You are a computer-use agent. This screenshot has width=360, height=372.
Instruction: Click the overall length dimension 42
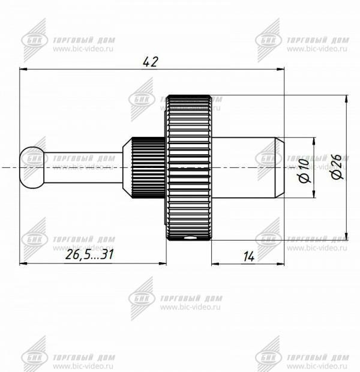150,62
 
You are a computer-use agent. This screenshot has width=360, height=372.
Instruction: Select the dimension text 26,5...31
89,254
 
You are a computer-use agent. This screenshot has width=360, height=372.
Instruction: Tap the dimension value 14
249,256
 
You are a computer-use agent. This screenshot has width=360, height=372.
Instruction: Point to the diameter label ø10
304,171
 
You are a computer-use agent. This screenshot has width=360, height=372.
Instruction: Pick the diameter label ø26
337,167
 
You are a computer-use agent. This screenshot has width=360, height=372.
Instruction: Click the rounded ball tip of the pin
32,167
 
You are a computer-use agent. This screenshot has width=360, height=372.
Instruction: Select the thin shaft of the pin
83,167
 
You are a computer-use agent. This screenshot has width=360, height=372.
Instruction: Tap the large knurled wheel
188,167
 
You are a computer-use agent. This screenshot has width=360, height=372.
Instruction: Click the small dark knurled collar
148,167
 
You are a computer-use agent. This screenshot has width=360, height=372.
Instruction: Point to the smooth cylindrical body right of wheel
243,167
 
